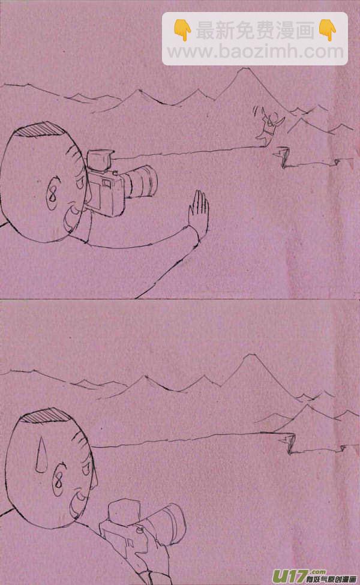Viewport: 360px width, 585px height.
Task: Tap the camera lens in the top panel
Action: pos(141,182)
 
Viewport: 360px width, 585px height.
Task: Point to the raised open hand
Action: pos(199,213)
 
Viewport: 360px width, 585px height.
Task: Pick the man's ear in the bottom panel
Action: pos(59,480)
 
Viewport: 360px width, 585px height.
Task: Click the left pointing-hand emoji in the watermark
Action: pos(182,29)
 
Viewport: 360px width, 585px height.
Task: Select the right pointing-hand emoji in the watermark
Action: pos(328,29)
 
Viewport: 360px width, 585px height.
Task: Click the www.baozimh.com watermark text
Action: pos(255,51)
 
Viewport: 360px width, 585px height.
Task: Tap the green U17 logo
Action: pos(291,576)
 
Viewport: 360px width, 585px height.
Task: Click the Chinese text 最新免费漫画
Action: pos(255,30)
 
